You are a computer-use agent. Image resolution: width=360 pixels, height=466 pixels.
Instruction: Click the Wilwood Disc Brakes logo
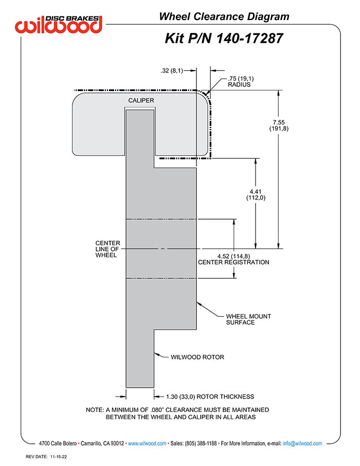point(59,24)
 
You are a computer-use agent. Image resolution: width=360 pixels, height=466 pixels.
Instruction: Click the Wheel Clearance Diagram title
point(224,16)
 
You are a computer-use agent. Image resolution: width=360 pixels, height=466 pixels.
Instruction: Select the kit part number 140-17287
point(249,39)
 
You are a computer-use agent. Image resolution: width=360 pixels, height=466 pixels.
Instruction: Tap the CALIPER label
point(141,100)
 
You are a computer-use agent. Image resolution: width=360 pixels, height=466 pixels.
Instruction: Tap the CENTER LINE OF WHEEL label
point(107,249)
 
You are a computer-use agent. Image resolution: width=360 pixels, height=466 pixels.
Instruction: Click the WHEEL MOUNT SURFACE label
point(248,319)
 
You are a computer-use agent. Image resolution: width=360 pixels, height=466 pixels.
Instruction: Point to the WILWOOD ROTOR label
point(197,357)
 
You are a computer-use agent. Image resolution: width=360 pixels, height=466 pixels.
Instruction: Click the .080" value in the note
point(157,410)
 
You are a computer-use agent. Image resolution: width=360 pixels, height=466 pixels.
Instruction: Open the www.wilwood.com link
point(147,443)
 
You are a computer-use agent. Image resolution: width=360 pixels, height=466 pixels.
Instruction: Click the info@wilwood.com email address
point(302,443)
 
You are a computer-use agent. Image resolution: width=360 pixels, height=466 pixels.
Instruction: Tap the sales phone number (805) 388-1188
point(201,443)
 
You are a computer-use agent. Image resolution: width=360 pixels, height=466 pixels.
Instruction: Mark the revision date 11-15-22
point(58,457)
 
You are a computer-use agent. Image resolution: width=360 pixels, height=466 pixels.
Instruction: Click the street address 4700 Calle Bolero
point(58,443)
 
